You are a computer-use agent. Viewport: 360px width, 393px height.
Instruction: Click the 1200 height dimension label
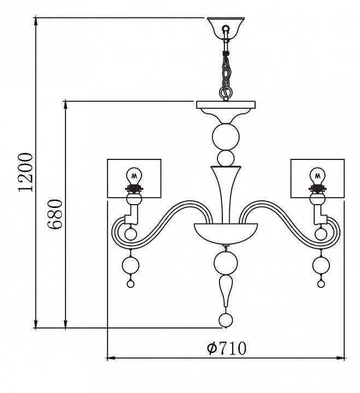point(26,172)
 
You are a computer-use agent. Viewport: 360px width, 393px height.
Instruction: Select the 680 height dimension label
point(56,215)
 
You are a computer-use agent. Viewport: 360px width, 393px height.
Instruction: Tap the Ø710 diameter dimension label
point(227,348)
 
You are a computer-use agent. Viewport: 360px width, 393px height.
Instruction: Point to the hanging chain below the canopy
point(225,68)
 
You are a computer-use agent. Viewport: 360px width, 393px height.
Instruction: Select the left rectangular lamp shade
point(134,178)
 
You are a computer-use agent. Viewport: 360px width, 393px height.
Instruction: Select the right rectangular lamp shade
point(317,178)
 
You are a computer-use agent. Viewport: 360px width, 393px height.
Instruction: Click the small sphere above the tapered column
point(225,159)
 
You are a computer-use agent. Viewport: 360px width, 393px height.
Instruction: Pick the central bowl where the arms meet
point(225,232)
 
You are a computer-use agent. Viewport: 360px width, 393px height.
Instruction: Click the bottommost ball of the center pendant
point(225,320)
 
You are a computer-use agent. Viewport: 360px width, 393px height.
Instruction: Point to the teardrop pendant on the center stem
point(225,290)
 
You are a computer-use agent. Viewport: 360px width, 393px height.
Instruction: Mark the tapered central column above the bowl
point(225,191)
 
